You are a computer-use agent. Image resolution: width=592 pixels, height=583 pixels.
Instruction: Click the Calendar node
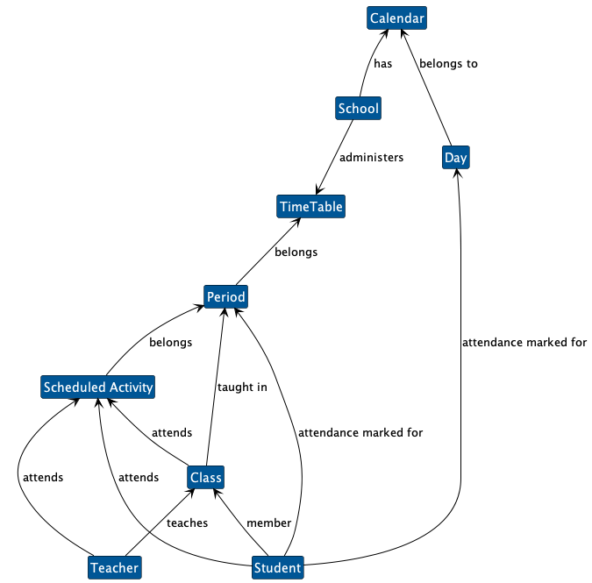pos(397,18)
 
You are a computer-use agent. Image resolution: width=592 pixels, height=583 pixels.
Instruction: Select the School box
pos(358,109)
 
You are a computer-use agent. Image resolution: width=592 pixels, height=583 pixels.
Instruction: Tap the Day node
pos(455,158)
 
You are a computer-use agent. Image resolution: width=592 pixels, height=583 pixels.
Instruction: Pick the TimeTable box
pos(310,207)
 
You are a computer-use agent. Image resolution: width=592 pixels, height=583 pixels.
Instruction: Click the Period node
pos(226,298)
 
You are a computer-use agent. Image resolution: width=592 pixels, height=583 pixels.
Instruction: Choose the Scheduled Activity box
pos(98,387)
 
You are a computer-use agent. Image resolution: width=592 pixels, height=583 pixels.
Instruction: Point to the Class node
pos(205,478)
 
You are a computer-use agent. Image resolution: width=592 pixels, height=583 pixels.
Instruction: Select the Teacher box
pos(114,568)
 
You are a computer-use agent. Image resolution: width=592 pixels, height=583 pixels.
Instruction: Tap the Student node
pos(277,568)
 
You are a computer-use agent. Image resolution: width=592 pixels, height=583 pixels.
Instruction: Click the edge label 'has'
pos(383,63)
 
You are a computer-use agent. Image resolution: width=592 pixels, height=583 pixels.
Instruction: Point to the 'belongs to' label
pos(448,63)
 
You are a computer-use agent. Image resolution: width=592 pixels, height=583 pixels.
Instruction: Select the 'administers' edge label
pos(371,158)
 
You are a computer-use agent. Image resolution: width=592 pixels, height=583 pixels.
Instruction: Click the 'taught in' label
pos(242,387)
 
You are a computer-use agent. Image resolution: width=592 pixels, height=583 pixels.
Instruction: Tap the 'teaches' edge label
pos(187,523)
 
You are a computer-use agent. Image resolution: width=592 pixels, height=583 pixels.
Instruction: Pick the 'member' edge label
pos(268,523)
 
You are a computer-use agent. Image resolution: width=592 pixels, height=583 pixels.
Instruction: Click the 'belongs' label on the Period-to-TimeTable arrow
pos(296,252)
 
